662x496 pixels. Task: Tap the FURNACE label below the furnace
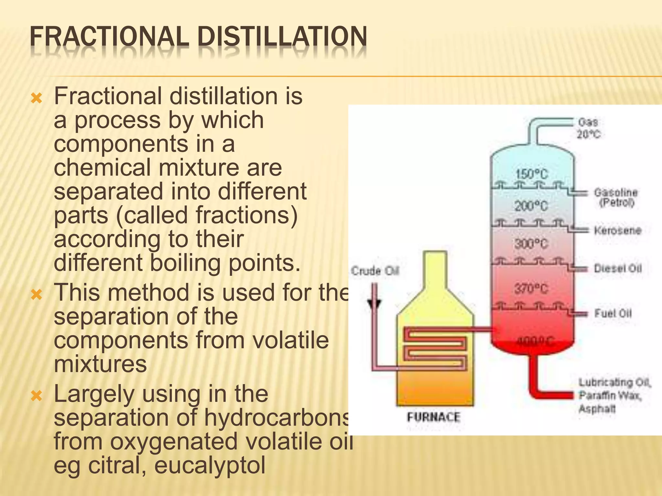433,417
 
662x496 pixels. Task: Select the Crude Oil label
375,271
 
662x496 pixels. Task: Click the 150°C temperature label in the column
532,174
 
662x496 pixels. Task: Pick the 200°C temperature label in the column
531,206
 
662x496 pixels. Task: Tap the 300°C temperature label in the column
531,244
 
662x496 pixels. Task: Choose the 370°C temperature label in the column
531,288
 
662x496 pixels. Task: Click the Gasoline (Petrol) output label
616,197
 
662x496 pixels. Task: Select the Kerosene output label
617,231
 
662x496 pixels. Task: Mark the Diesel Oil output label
618,269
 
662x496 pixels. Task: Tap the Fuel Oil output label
613,313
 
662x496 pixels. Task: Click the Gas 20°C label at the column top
589,128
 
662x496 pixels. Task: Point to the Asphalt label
597,409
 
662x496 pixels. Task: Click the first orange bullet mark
37,98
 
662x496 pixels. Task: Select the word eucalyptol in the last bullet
210,465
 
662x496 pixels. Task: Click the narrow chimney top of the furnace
435,268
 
